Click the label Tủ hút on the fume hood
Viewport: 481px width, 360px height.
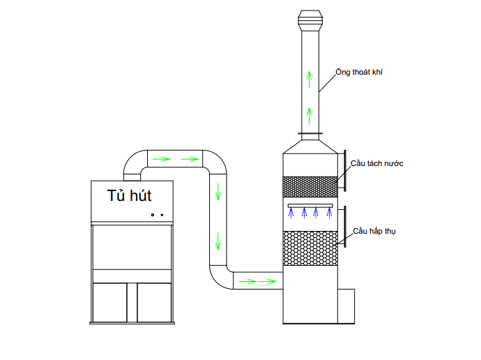tap(130, 195)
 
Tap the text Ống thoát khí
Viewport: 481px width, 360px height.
tap(360, 71)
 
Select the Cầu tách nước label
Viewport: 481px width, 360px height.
tap(378, 163)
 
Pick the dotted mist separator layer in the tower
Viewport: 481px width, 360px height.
tap(310, 186)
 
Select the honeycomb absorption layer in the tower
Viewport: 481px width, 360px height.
tap(310, 248)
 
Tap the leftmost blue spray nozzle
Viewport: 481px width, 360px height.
tap(291, 213)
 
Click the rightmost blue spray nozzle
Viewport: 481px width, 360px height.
tap(329, 213)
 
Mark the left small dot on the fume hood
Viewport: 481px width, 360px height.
tap(152, 215)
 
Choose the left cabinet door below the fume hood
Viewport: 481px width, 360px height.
tap(114, 301)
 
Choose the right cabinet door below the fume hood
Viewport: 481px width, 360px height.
tap(155, 301)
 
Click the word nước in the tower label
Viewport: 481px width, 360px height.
tap(393, 163)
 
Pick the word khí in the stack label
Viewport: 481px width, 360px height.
tap(377, 71)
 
